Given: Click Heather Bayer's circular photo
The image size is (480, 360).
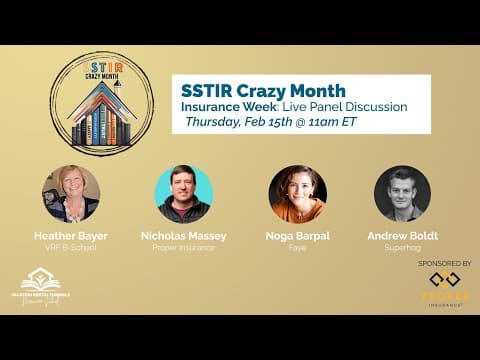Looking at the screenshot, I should point(71,193).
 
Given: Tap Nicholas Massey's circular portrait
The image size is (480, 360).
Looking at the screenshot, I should point(184,193).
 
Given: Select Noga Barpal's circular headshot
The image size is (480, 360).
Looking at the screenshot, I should point(297,193).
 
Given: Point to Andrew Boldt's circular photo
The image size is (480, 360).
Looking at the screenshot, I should point(402,193).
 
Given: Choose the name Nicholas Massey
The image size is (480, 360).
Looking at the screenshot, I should point(184,236).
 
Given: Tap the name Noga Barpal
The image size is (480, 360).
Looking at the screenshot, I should point(297,236).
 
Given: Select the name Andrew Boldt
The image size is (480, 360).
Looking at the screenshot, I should point(402,236).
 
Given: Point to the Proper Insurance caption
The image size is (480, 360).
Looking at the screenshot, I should point(184,248).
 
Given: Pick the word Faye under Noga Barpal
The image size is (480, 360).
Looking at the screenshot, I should point(297,248).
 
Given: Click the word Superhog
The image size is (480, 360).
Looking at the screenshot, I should point(402,248).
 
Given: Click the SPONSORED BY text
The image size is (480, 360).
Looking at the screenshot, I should point(443,263).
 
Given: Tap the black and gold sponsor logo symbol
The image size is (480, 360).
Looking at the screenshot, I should point(444,281).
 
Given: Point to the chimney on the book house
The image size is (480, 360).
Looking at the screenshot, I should point(118,87).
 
